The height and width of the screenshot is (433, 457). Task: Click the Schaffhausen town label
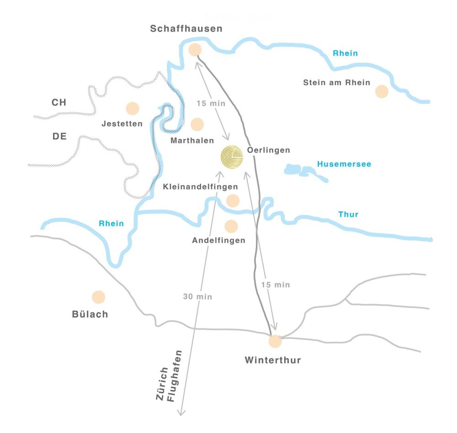coord(186,29)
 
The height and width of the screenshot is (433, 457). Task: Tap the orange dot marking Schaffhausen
coord(195,49)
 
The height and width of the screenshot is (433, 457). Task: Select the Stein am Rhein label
coord(337,83)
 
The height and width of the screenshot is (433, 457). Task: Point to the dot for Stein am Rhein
coord(382,91)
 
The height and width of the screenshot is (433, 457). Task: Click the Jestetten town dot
coord(132,108)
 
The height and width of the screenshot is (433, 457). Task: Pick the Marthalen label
coord(192,140)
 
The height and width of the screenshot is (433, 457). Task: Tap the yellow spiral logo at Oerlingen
coord(233,158)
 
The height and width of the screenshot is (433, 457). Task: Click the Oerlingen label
coord(268,150)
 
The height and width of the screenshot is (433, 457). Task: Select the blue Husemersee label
coord(344,164)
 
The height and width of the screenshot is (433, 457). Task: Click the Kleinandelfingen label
coord(200,187)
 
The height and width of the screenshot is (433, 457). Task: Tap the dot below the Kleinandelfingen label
coord(233,200)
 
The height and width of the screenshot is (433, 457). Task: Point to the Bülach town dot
coord(98,297)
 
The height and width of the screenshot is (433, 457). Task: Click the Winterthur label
coord(273,360)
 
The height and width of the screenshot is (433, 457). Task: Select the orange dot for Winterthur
coord(275,341)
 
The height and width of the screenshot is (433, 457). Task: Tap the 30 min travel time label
coord(197,297)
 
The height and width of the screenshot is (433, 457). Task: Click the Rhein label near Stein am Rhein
coord(345,53)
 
